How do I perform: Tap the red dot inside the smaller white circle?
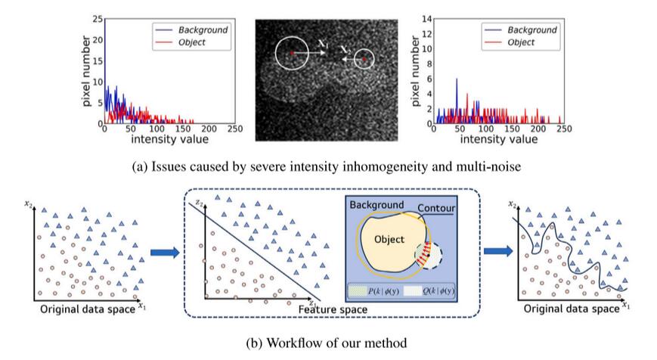pyautogui.click(x=364, y=58)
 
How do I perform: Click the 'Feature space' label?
pyautogui.click(x=333, y=310)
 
